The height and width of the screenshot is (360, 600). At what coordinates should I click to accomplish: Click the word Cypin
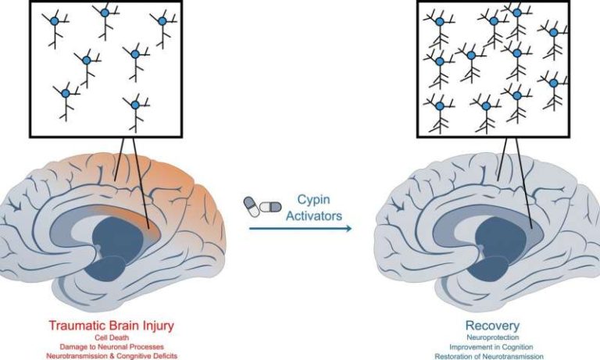pos(312,201)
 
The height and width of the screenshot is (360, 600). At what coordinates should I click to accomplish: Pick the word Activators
pos(312,216)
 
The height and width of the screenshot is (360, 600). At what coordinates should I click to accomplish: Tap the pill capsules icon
pos(262,205)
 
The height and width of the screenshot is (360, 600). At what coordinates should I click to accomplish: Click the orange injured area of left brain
pos(187,180)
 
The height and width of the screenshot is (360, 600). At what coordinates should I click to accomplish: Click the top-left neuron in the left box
pos(55,22)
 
